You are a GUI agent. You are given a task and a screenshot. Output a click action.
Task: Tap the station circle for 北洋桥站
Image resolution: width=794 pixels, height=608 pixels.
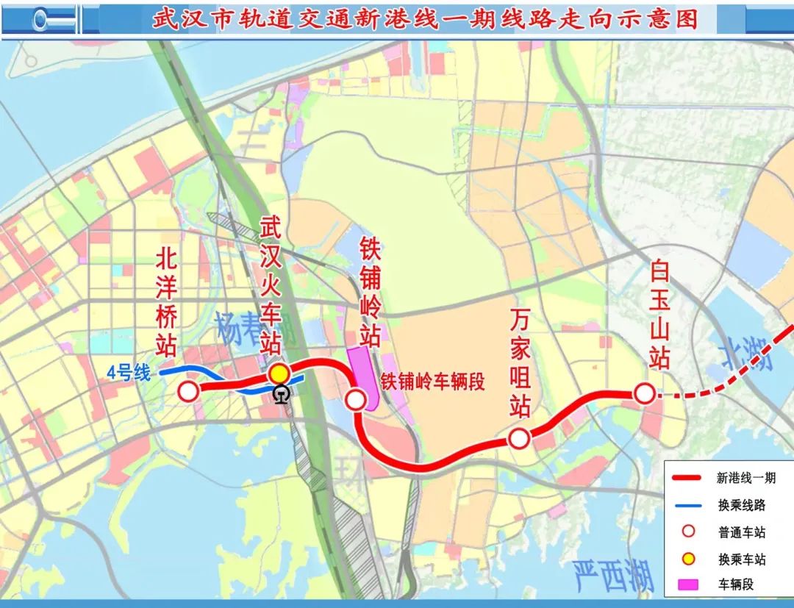pos(189,391)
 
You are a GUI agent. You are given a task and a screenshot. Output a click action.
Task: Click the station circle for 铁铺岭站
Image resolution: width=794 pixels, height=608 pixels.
pos(356,399)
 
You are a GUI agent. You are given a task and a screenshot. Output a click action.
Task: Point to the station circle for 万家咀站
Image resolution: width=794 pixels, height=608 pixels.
pos(519,439)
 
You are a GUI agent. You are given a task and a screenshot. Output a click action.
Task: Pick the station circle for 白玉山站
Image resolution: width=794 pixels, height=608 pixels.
pos(645,394)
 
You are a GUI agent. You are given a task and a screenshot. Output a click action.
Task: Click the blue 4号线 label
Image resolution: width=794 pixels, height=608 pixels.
pos(128,373)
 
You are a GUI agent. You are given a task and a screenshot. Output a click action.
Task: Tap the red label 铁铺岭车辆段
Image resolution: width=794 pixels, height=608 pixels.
pos(434,381)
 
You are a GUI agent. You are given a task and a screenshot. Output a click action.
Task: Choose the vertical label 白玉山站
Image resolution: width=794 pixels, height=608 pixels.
pos(659,315)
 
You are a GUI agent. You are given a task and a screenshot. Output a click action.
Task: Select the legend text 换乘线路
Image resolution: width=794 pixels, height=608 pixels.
pos(742,505)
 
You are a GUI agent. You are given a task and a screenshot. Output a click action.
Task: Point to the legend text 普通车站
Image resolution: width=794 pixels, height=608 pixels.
pos(742,532)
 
